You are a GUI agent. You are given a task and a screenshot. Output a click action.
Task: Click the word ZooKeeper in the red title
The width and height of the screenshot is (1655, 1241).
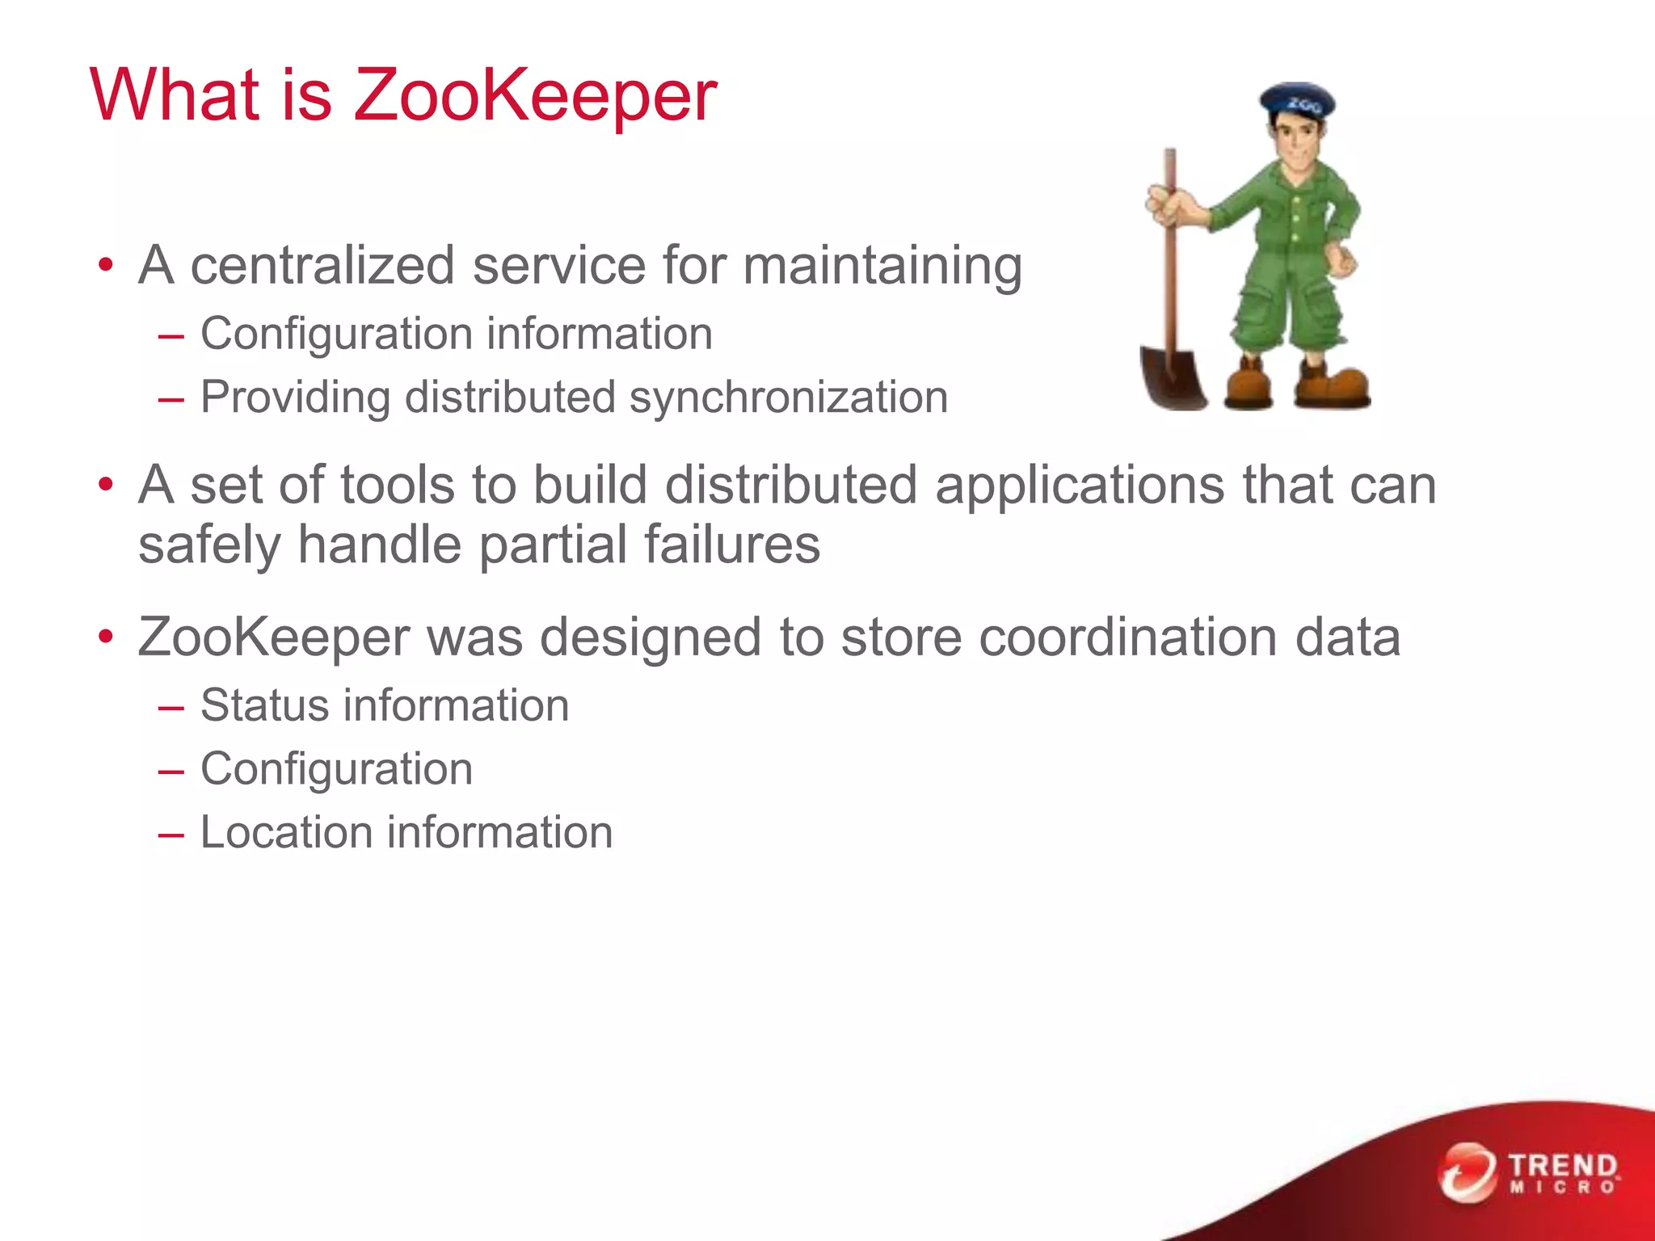[535, 95]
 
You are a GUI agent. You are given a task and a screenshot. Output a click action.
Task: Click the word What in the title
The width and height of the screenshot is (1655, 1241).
[175, 95]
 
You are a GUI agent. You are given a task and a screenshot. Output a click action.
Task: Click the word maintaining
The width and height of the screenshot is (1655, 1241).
[882, 267]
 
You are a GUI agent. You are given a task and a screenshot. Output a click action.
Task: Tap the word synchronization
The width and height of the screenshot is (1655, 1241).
[789, 398]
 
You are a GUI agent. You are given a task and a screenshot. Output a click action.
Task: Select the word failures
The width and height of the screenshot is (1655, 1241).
[732, 544]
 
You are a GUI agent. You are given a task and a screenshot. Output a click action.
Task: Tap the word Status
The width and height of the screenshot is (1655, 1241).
[264, 705]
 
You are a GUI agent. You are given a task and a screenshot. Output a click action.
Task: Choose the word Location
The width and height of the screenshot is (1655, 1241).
[286, 832]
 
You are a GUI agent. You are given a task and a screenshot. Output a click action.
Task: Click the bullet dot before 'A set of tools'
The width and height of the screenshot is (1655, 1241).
[106, 485]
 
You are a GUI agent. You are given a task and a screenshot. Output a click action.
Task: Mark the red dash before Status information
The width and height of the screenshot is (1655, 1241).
[171, 708]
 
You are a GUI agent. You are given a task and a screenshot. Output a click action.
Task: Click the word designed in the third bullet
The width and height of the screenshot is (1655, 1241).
[651, 637]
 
